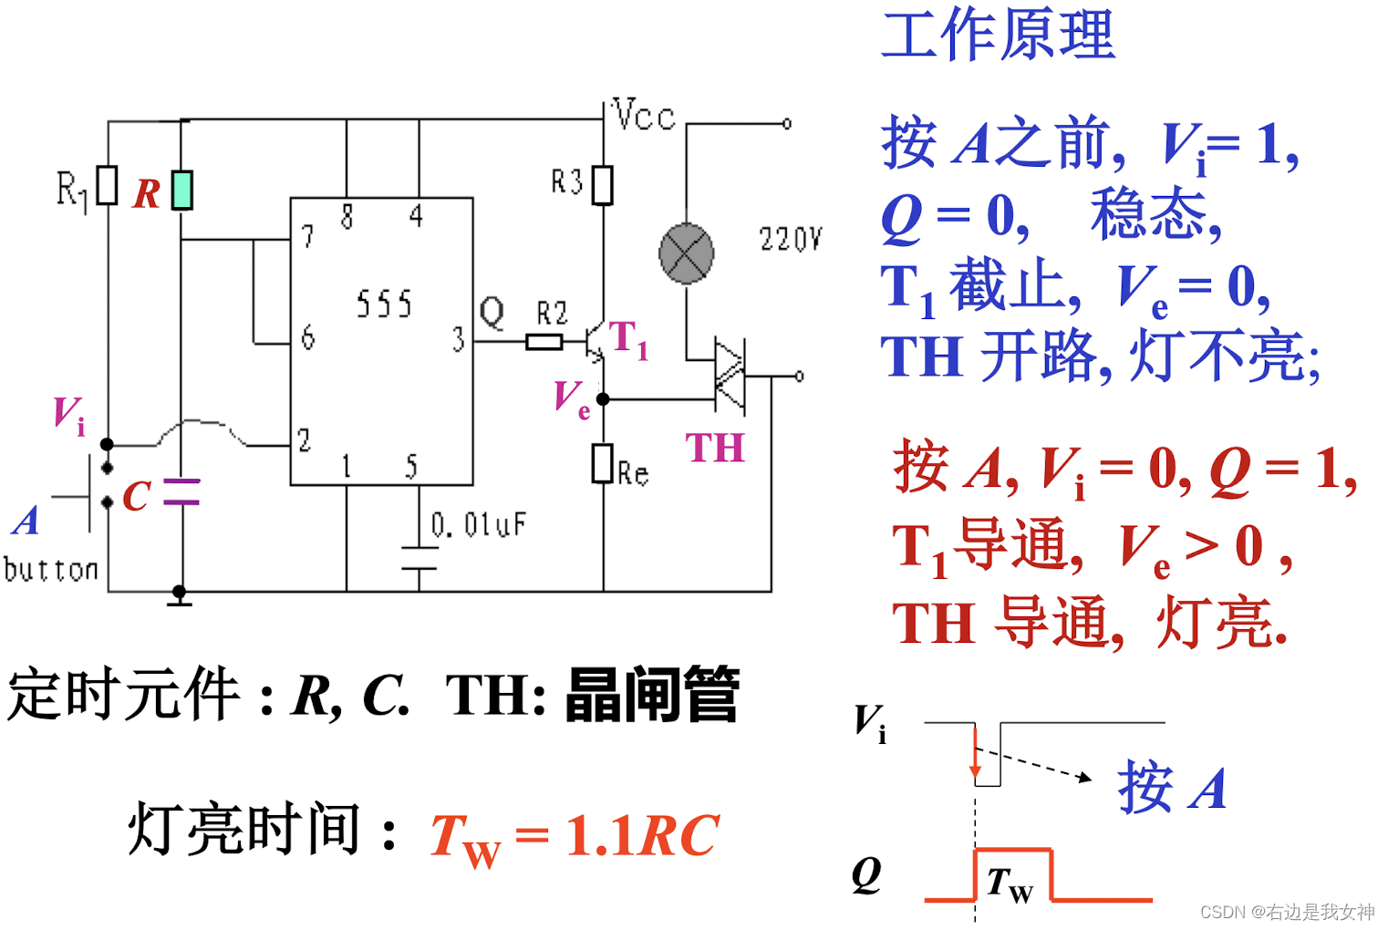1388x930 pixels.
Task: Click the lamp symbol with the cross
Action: pyautogui.click(x=686, y=253)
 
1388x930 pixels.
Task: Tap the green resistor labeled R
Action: pyautogui.click(x=182, y=190)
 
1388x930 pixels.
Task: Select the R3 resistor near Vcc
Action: pyautogui.click(x=603, y=184)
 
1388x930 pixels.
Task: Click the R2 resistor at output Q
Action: pyautogui.click(x=544, y=342)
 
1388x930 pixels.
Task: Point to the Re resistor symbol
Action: pyautogui.click(x=603, y=463)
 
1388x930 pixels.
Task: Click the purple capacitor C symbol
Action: pyautogui.click(x=181, y=491)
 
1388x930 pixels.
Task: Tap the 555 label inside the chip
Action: pyautogui.click(x=384, y=305)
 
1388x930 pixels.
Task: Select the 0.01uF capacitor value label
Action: pyautogui.click(x=479, y=524)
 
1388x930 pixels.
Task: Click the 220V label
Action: pyautogui.click(x=790, y=240)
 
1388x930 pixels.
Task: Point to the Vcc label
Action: pyautogui.click(x=644, y=116)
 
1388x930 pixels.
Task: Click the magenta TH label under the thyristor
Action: pyautogui.click(x=715, y=449)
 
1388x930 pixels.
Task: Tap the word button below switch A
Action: pyautogui.click(x=51, y=570)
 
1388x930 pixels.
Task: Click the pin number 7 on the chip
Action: pyautogui.click(x=308, y=237)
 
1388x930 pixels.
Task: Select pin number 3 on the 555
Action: pyautogui.click(x=458, y=340)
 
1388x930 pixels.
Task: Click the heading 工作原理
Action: pyautogui.click(x=998, y=35)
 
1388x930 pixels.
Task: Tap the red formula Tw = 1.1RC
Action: pyautogui.click(x=575, y=836)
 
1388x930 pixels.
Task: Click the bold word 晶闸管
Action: pyautogui.click(x=651, y=695)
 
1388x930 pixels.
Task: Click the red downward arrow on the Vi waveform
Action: pyautogui.click(x=976, y=756)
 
